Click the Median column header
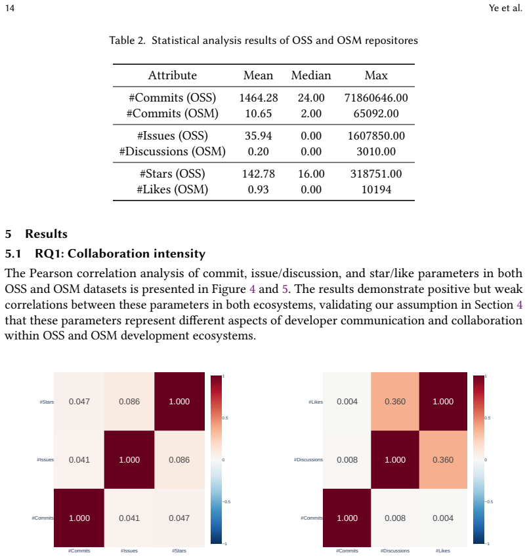click(x=311, y=75)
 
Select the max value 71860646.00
click(x=376, y=98)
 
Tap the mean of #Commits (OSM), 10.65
click(x=259, y=113)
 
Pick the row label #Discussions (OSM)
click(x=173, y=151)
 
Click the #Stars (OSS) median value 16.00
click(x=311, y=174)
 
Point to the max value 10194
click(x=376, y=189)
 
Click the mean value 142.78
click(x=259, y=174)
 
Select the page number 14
click(x=10, y=8)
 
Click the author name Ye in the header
click(x=494, y=8)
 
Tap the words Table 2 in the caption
click(x=127, y=40)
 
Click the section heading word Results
click(x=46, y=234)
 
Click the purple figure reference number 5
click(x=285, y=289)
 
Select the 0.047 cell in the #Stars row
click(x=79, y=402)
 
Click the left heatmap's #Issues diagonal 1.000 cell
click(x=129, y=459)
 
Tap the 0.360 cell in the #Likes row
click(x=395, y=402)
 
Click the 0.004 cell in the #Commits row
click(x=443, y=518)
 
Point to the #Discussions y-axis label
click(x=308, y=459)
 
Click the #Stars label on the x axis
click(x=179, y=550)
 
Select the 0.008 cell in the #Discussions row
click(x=347, y=459)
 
